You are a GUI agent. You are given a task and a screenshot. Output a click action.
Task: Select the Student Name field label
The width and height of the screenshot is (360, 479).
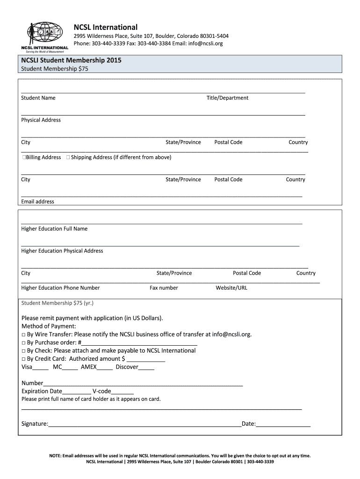pyautogui.click(x=38, y=98)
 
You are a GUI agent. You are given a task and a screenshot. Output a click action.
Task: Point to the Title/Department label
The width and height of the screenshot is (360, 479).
pyautogui.click(x=227, y=98)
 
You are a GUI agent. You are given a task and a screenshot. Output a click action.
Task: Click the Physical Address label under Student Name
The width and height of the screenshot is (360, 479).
pyautogui.click(x=41, y=120)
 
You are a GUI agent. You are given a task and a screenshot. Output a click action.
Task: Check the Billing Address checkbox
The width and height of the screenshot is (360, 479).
pyautogui.click(x=24, y=158)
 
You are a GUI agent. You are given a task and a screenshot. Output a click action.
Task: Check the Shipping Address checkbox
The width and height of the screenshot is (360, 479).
pyautogui.click(x=68, y=158)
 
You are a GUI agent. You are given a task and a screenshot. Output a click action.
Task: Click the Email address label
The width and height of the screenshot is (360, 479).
pyautogui.click(x=37, y=202)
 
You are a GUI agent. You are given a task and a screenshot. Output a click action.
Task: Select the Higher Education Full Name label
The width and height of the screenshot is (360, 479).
pyautogui.click(x=54, y=229)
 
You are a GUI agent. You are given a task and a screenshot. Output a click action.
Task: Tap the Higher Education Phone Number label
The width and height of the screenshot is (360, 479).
pyautogui.click(x=60, y=288)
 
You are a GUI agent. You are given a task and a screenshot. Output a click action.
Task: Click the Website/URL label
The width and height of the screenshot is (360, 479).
pyautogui.click(x=231, y=288)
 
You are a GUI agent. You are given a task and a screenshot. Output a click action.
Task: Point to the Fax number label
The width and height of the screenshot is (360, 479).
pyautogui.click(x=164, y=288)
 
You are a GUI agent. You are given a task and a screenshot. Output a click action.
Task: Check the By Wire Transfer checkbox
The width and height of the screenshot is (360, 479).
pyautogui.click(x=23, y=334)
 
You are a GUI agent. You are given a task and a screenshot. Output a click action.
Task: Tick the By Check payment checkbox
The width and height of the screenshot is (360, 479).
pyautogui.click(x=23, y=351)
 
